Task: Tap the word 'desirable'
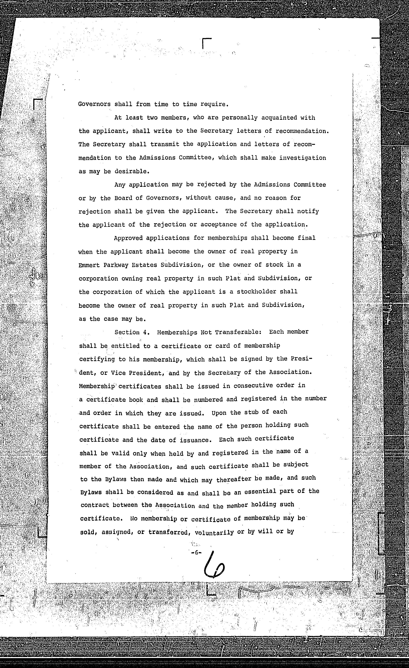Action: tap(131, 172)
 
